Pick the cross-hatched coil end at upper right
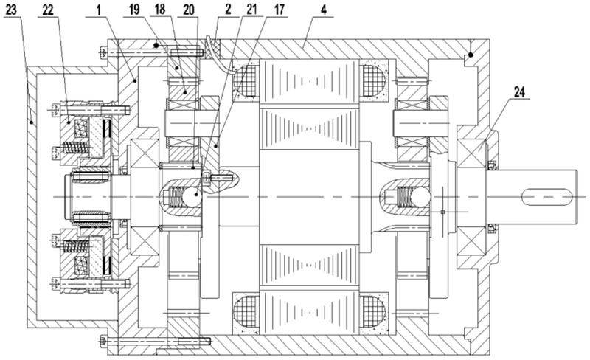[374, 81]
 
